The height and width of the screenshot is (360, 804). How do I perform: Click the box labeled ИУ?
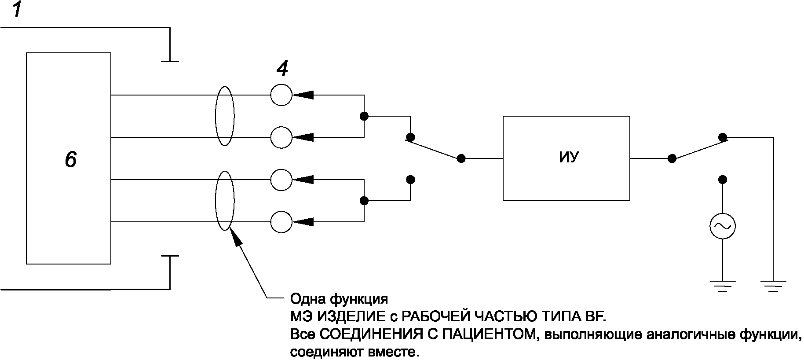566,158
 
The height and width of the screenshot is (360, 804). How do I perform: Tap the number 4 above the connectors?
282,69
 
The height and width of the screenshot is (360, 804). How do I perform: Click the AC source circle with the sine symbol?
722,226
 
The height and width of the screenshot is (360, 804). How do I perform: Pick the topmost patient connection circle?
281,95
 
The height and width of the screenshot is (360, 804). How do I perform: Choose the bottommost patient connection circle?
281,221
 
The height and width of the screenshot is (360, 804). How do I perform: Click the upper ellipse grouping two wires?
224,116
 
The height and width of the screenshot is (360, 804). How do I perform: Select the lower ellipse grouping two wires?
224,201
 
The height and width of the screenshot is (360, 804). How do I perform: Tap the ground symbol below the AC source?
722,286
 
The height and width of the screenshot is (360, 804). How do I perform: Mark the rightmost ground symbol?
774,286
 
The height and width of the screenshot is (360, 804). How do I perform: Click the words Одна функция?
339,299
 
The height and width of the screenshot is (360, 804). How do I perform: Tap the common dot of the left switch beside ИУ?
461,158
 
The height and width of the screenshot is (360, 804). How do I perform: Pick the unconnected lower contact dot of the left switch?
410,180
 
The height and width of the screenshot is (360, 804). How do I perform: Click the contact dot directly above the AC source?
722,180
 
